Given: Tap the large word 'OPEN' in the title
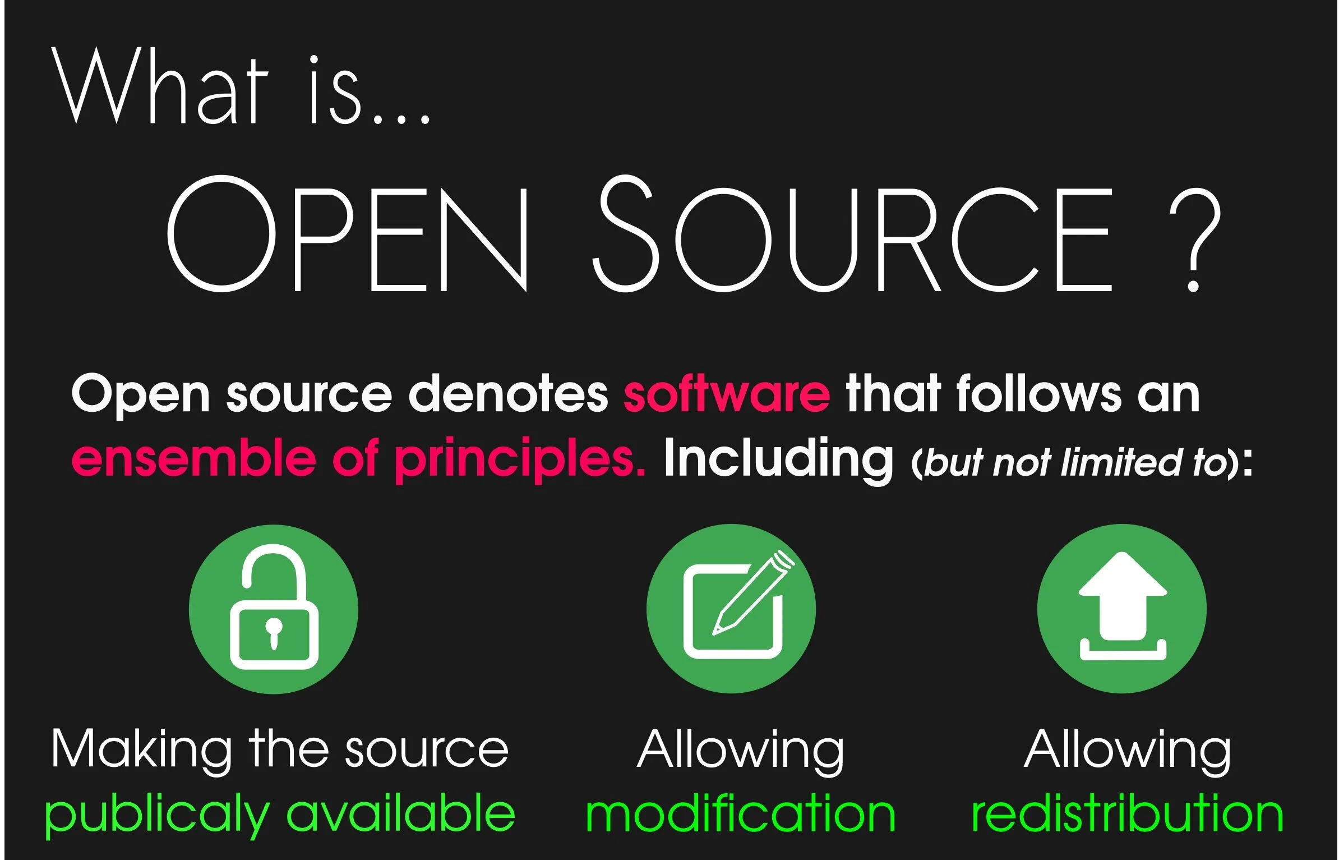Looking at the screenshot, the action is click(348, 234).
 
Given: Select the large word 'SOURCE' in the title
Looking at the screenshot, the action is click(852, 234).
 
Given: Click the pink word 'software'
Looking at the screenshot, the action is click(726, 394).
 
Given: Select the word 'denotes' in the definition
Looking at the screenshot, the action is click(508, 394).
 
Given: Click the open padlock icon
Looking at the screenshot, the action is click(274, 609).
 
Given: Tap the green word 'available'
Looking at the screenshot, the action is click(400, 813).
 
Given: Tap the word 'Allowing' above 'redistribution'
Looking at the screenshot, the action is click(1127, 750).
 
